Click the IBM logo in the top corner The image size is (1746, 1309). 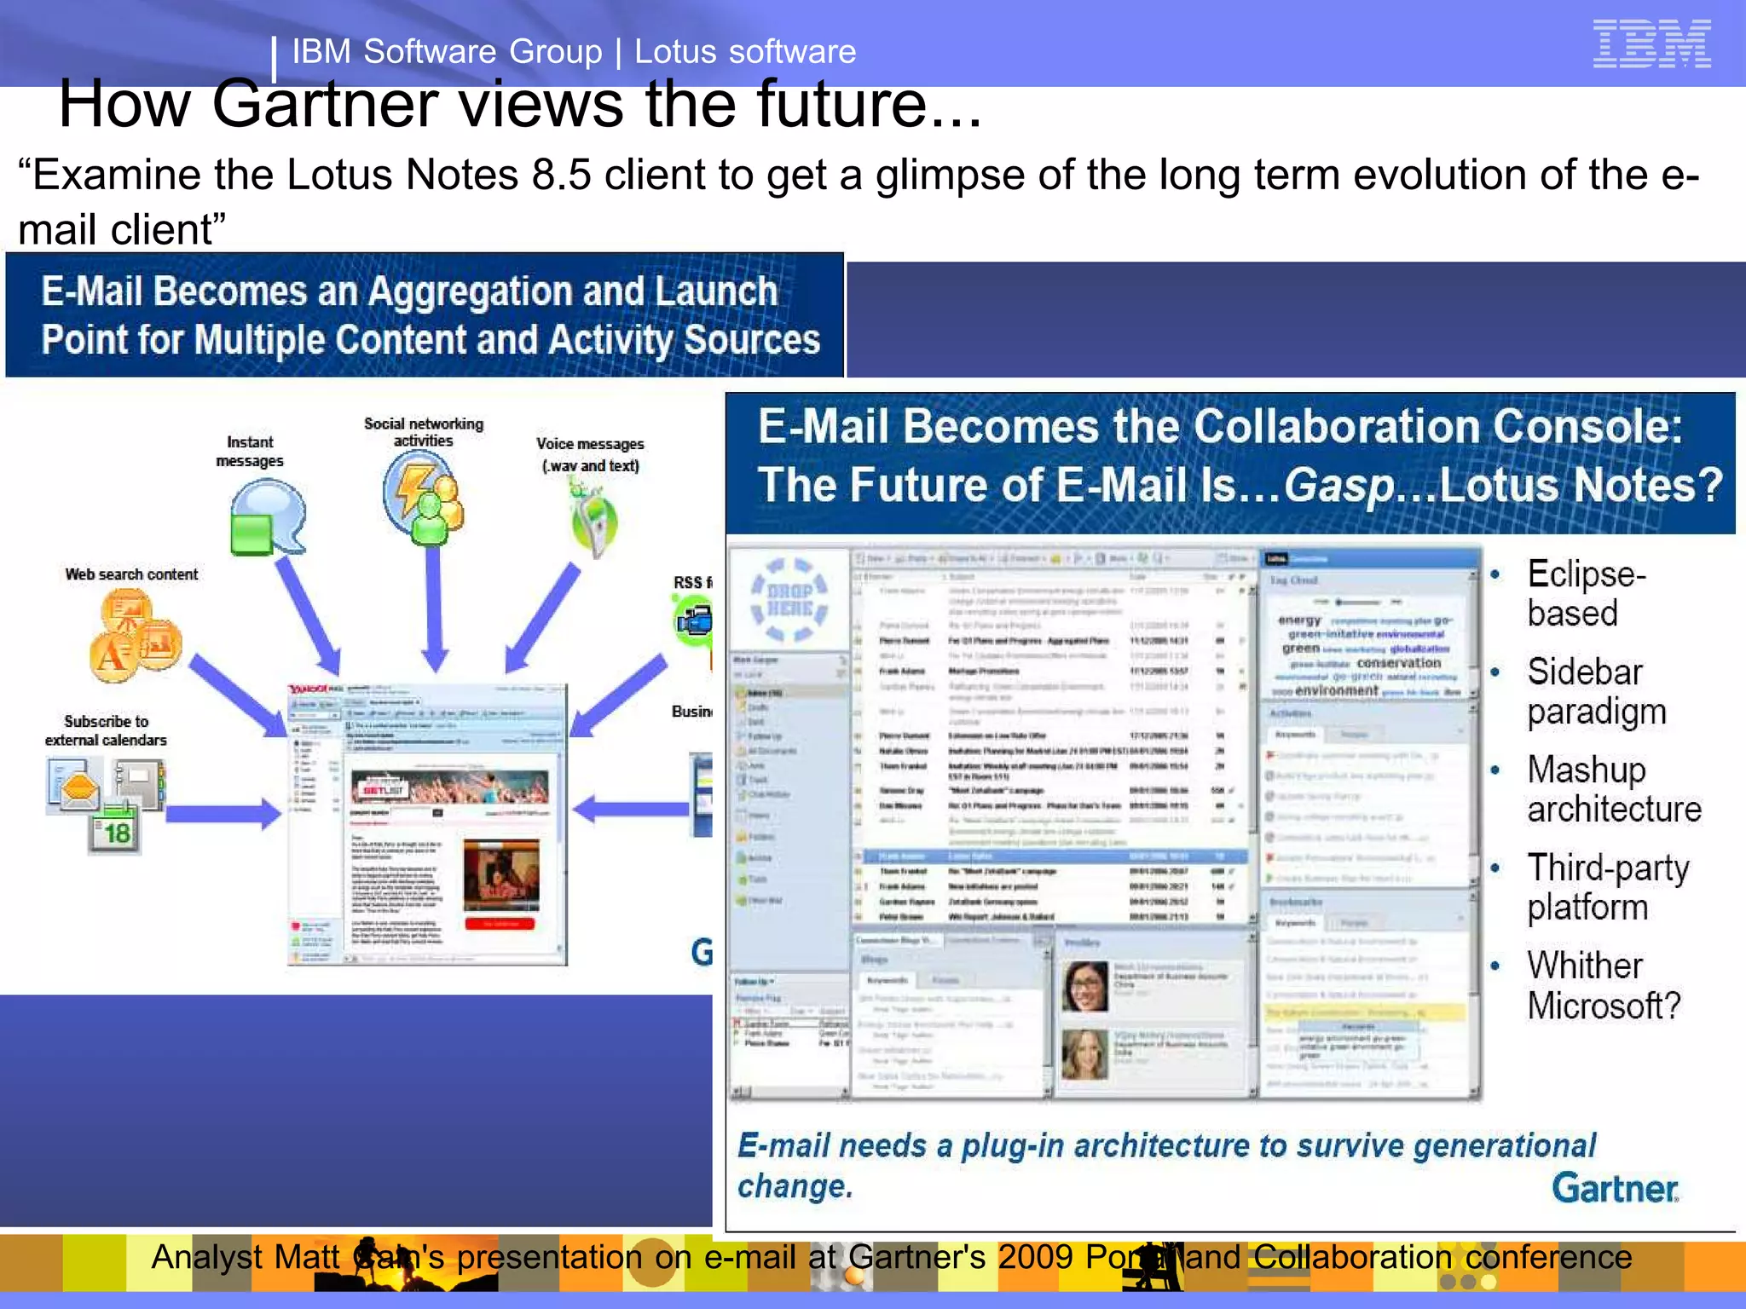tap(1651, 43)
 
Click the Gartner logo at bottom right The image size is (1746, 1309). tap(1615, 1188)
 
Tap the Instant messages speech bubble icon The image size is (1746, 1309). tap(266, 516)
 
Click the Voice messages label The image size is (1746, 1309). tap(590, 454)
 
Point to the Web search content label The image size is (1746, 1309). tap(131, 574)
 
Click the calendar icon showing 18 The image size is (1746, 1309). tap(115, 829)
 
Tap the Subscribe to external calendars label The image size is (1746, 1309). tap(106, 730)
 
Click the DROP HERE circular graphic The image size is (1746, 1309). tap(789, 599)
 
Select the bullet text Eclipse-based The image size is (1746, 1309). tap(1586, 593)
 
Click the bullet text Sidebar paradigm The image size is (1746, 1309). tap(1595, 691)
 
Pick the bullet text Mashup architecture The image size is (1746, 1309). tap(1613, 789)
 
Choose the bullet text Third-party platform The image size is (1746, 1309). tap(1607, 887)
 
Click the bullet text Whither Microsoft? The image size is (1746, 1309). tap(1603, 985)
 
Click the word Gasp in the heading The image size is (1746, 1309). tap(1339, 487)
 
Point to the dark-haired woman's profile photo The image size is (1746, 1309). tap(1084, 985)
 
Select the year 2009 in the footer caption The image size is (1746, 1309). tap(1036, 1257)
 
